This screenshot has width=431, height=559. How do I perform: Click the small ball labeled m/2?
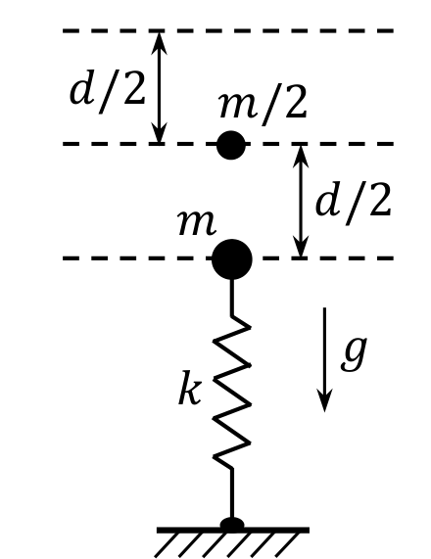(x=231, y=145)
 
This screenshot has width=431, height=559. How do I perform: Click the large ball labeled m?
(x=232, y=259)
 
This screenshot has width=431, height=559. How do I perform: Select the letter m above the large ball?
(x=197, y=223)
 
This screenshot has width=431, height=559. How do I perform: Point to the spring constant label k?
(x=189, y=388)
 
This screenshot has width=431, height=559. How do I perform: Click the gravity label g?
(x=354, y=354)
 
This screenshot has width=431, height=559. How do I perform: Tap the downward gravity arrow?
(x=324, y=359)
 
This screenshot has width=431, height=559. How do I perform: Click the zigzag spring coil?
(x=232, y=392)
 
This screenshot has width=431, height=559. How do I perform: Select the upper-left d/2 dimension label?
(x=107, y=93)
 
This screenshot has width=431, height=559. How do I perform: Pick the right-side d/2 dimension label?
(x=354, y=204)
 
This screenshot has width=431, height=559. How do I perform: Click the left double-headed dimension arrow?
(x=159, y=87)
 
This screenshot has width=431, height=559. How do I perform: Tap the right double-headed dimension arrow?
(x=301, y=201)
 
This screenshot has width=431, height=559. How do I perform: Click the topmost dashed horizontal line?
(x=228, y=31)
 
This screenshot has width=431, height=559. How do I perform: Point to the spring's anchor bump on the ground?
(x=232, y=524)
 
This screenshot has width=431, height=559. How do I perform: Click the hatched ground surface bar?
(x=233, y=531)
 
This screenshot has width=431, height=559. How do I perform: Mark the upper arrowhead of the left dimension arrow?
(x=159, y=43)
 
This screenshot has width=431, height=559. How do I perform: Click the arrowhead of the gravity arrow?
(x=324, y=401)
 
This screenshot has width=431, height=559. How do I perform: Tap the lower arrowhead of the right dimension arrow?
(x=301, y=246)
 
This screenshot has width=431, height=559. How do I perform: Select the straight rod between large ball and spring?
(x=232, y=298)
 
